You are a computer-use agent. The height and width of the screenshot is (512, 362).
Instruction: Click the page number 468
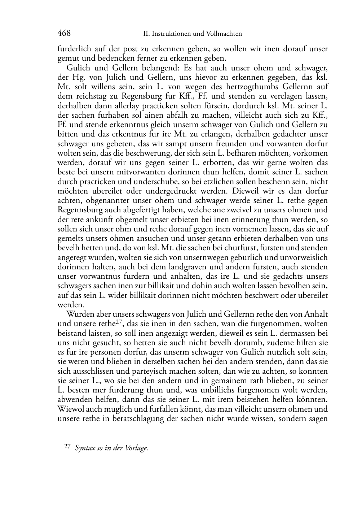point(64,33)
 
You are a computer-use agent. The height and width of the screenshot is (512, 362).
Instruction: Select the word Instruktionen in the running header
point(168,34)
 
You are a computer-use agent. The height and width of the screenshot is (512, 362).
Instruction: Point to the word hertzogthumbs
point(258,87)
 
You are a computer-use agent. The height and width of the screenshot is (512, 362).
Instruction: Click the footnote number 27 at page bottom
point(67,447)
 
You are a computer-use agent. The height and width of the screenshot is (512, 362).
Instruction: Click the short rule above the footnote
point(71,442)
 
